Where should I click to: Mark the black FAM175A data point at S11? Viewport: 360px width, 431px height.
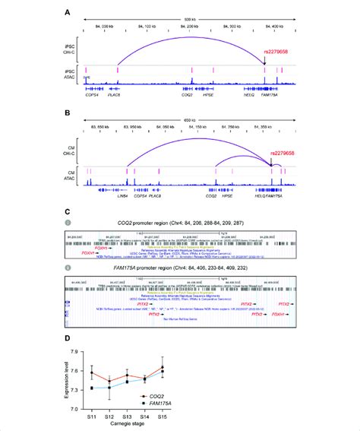92,388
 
